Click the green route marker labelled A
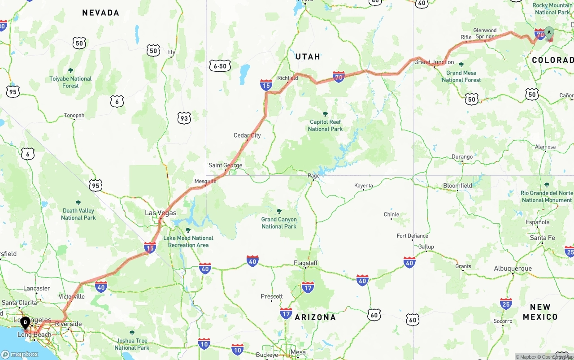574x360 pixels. click(x=549, y=33)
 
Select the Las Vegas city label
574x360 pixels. click(x=161, y=213)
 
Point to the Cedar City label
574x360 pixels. click(x=247, y=135)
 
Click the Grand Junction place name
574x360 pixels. click(x=434, y=62)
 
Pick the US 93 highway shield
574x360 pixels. click(x=184, y=118)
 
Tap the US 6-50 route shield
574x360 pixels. click(x=220, y=66)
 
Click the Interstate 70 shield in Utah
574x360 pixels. click(x=339, y=77)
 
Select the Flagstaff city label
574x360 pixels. click(x=305, y=263)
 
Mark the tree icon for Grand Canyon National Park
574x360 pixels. click(x=279, y=211)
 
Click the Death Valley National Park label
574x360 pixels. click(x=78, y=214)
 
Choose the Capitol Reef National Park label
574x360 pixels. click(x=325, y=126)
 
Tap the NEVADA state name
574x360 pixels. click(x=100, y=13)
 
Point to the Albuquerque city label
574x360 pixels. click(x=513, y=269)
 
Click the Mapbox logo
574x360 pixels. click(x=20, y=354)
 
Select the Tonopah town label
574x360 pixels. click(x=74, y=116)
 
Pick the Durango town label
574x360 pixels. click(x=462, y=157)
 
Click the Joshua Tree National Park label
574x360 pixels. click(x=132, y=344)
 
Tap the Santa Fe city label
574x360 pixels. click(x=542, y=238)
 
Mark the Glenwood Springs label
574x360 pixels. click(x=485, y=34)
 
